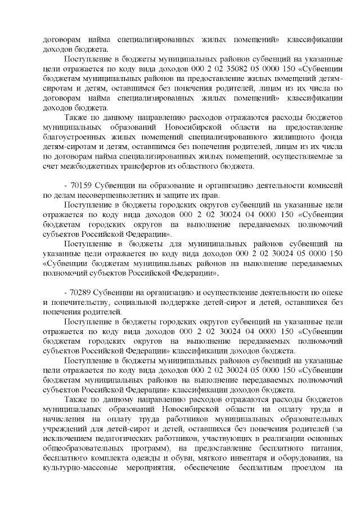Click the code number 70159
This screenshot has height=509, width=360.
(81, 186)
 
